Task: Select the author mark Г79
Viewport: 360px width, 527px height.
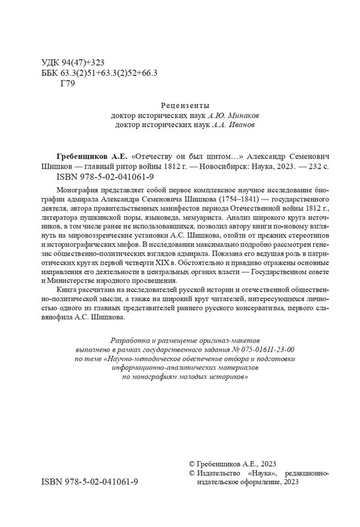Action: pyautogui.click(x=68, y=83)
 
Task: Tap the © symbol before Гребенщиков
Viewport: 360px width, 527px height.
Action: pyautogui.click(x=192, y=464)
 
